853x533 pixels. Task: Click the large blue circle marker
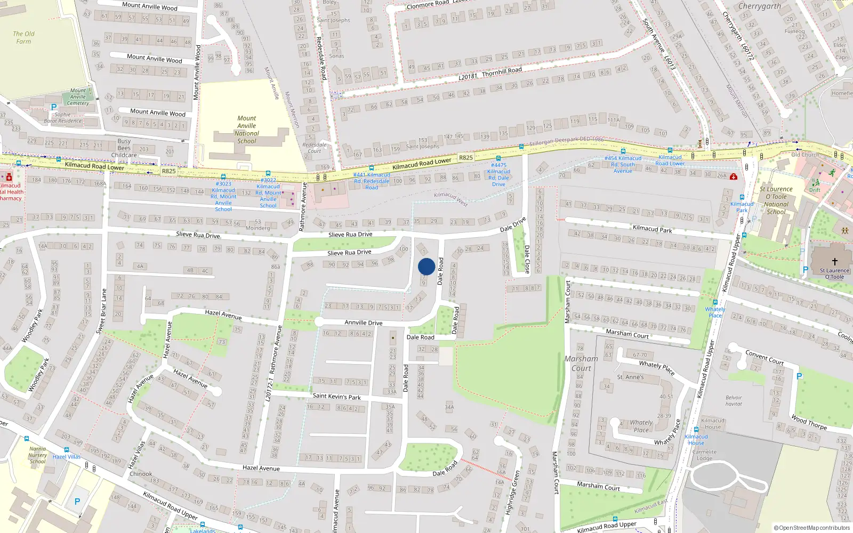coord(426,266)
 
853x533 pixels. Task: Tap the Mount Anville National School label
coord(246,130)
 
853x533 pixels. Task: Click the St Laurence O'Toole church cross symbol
coord(834,261)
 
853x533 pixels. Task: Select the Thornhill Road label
coord(501,71)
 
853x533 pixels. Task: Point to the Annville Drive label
coord(363,322)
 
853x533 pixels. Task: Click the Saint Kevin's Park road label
coord(336,397)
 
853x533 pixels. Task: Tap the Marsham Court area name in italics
coord(581,364)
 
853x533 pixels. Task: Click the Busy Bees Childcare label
coord(124,148)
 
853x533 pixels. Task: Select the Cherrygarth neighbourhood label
coord(759,6)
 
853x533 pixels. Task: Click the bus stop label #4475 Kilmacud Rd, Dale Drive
coord(498,174)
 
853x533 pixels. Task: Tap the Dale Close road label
coord(527,259)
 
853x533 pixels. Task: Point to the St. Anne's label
coord(630,377)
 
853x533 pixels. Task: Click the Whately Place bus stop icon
coord(715,302)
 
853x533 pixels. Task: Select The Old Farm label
coord(23,37)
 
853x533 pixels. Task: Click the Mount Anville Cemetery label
coord(78,96)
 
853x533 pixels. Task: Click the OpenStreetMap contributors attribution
coord(811,528)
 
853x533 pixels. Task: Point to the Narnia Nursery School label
coord(37,455)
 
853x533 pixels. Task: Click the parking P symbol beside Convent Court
coord(799,376)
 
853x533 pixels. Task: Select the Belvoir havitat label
coord(733,400)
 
